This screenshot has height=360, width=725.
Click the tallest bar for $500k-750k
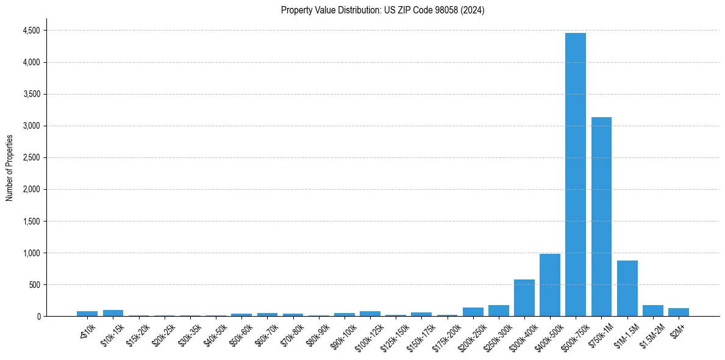[x=575, y=175]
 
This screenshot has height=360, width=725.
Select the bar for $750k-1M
[x=601, y=217]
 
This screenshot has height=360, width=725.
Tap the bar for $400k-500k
[x=549, y=285]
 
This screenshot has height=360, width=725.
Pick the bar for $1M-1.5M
[x=627, y=288]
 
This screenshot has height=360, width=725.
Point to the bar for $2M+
[x=678, y=312]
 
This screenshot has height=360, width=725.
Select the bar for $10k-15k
[x=113, y=313]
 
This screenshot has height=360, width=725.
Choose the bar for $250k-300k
[x=498, y=311]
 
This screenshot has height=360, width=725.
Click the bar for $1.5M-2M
[x=652, y=311]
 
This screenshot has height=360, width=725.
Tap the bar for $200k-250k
[x=473, y=312]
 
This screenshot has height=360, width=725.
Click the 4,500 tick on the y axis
[x=32, y=31]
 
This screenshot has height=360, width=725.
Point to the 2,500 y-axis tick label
[x=32, y=157]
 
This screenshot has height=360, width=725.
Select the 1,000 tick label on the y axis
[x=32, y=253]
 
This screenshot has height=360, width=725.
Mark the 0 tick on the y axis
[x=38, y=316]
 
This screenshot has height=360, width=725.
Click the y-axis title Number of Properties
[x=9, y=167]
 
